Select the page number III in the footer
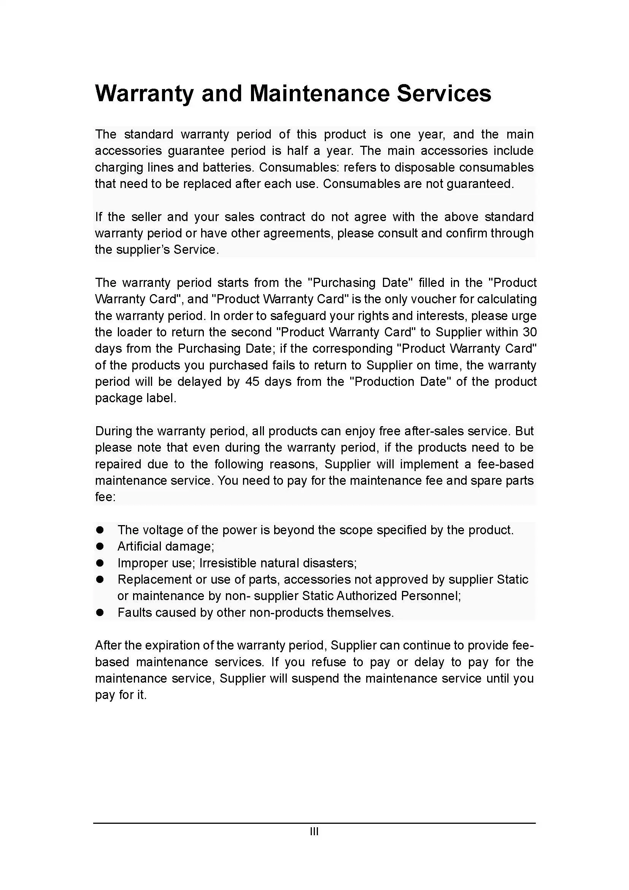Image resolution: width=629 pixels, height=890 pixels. click(314, 831)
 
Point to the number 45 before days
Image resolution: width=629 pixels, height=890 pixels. click(253, 382)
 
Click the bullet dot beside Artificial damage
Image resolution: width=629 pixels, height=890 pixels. click(100, 546)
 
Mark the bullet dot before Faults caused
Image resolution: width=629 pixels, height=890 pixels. click(100, 613)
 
